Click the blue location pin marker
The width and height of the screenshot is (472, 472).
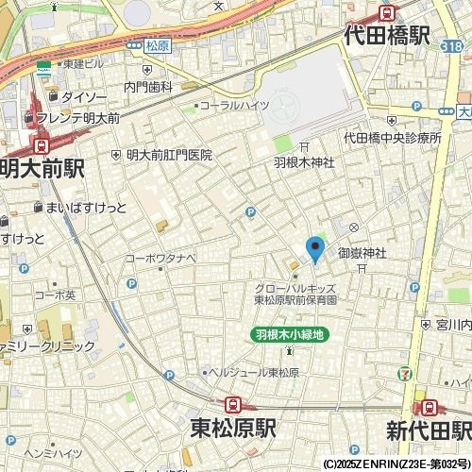(315, 248)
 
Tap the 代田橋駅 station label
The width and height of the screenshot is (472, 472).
(387, 36)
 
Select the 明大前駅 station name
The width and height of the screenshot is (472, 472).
(42, 168)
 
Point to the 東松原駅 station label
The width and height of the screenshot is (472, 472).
(232, 428)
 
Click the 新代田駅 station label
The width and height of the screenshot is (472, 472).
(428, 430)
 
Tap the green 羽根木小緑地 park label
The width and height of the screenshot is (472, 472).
(290, 334)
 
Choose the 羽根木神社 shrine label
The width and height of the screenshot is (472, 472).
(304, 162)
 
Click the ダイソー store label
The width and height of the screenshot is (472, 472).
(83, 96)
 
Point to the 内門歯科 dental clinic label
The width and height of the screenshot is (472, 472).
(148, 87)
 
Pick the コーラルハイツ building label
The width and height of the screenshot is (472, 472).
(235, 106)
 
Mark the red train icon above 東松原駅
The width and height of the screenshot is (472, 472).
(233, 404)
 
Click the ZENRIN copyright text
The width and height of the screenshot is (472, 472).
(396, 464)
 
